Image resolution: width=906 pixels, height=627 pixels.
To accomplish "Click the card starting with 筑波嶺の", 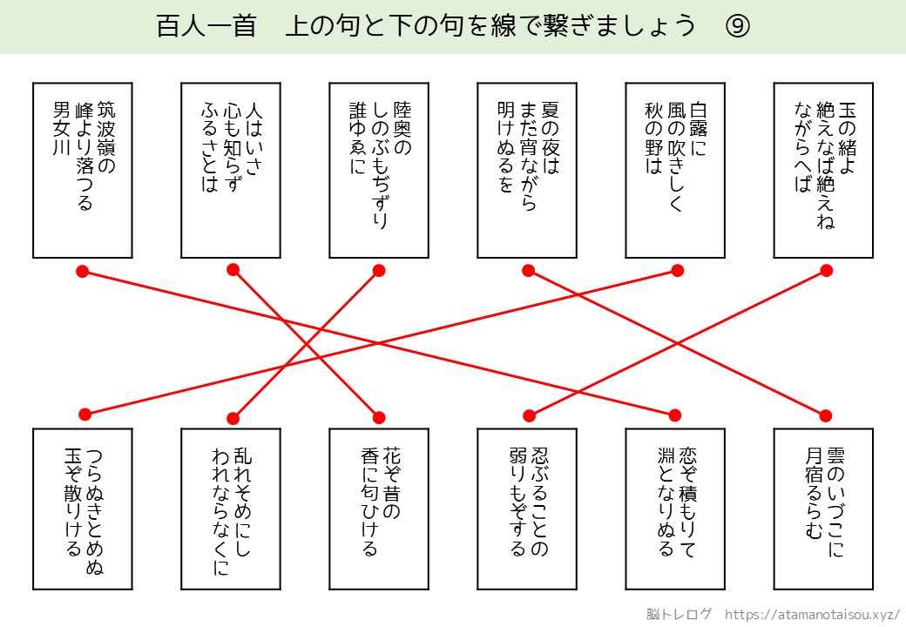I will pos(83,171).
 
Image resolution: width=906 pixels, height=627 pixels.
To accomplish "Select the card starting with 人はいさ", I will pos(231,171).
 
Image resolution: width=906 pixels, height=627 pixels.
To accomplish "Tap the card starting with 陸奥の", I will pos(379,171).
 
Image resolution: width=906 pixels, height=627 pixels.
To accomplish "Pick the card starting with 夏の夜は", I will pos(527,171).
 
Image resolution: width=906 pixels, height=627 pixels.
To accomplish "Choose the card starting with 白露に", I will pos(675,171).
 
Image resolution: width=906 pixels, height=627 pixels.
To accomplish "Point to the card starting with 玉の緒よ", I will pos(823,171).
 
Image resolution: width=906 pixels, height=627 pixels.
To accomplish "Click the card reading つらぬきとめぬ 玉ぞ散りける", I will pos(83,509).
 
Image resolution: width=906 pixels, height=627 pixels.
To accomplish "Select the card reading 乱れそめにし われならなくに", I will pos(231,509).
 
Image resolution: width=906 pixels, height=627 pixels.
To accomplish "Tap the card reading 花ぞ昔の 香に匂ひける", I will pos(379,509).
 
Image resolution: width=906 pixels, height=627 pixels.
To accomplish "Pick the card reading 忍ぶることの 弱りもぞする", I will pos(527,509).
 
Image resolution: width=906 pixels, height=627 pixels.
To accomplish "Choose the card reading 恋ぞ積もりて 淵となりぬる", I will pos(675,509).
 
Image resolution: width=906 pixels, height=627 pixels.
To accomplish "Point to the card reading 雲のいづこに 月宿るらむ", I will pos(823,509).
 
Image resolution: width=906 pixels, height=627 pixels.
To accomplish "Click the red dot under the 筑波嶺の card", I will pos(83,272).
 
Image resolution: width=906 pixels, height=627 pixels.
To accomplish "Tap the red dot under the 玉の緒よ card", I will pos(826,271).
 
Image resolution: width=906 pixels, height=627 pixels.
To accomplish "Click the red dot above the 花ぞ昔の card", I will pos(379,415).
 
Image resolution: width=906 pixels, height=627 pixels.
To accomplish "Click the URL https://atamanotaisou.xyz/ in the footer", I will pos(812,613).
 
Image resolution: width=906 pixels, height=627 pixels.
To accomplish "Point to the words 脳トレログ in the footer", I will pos(679,613).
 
